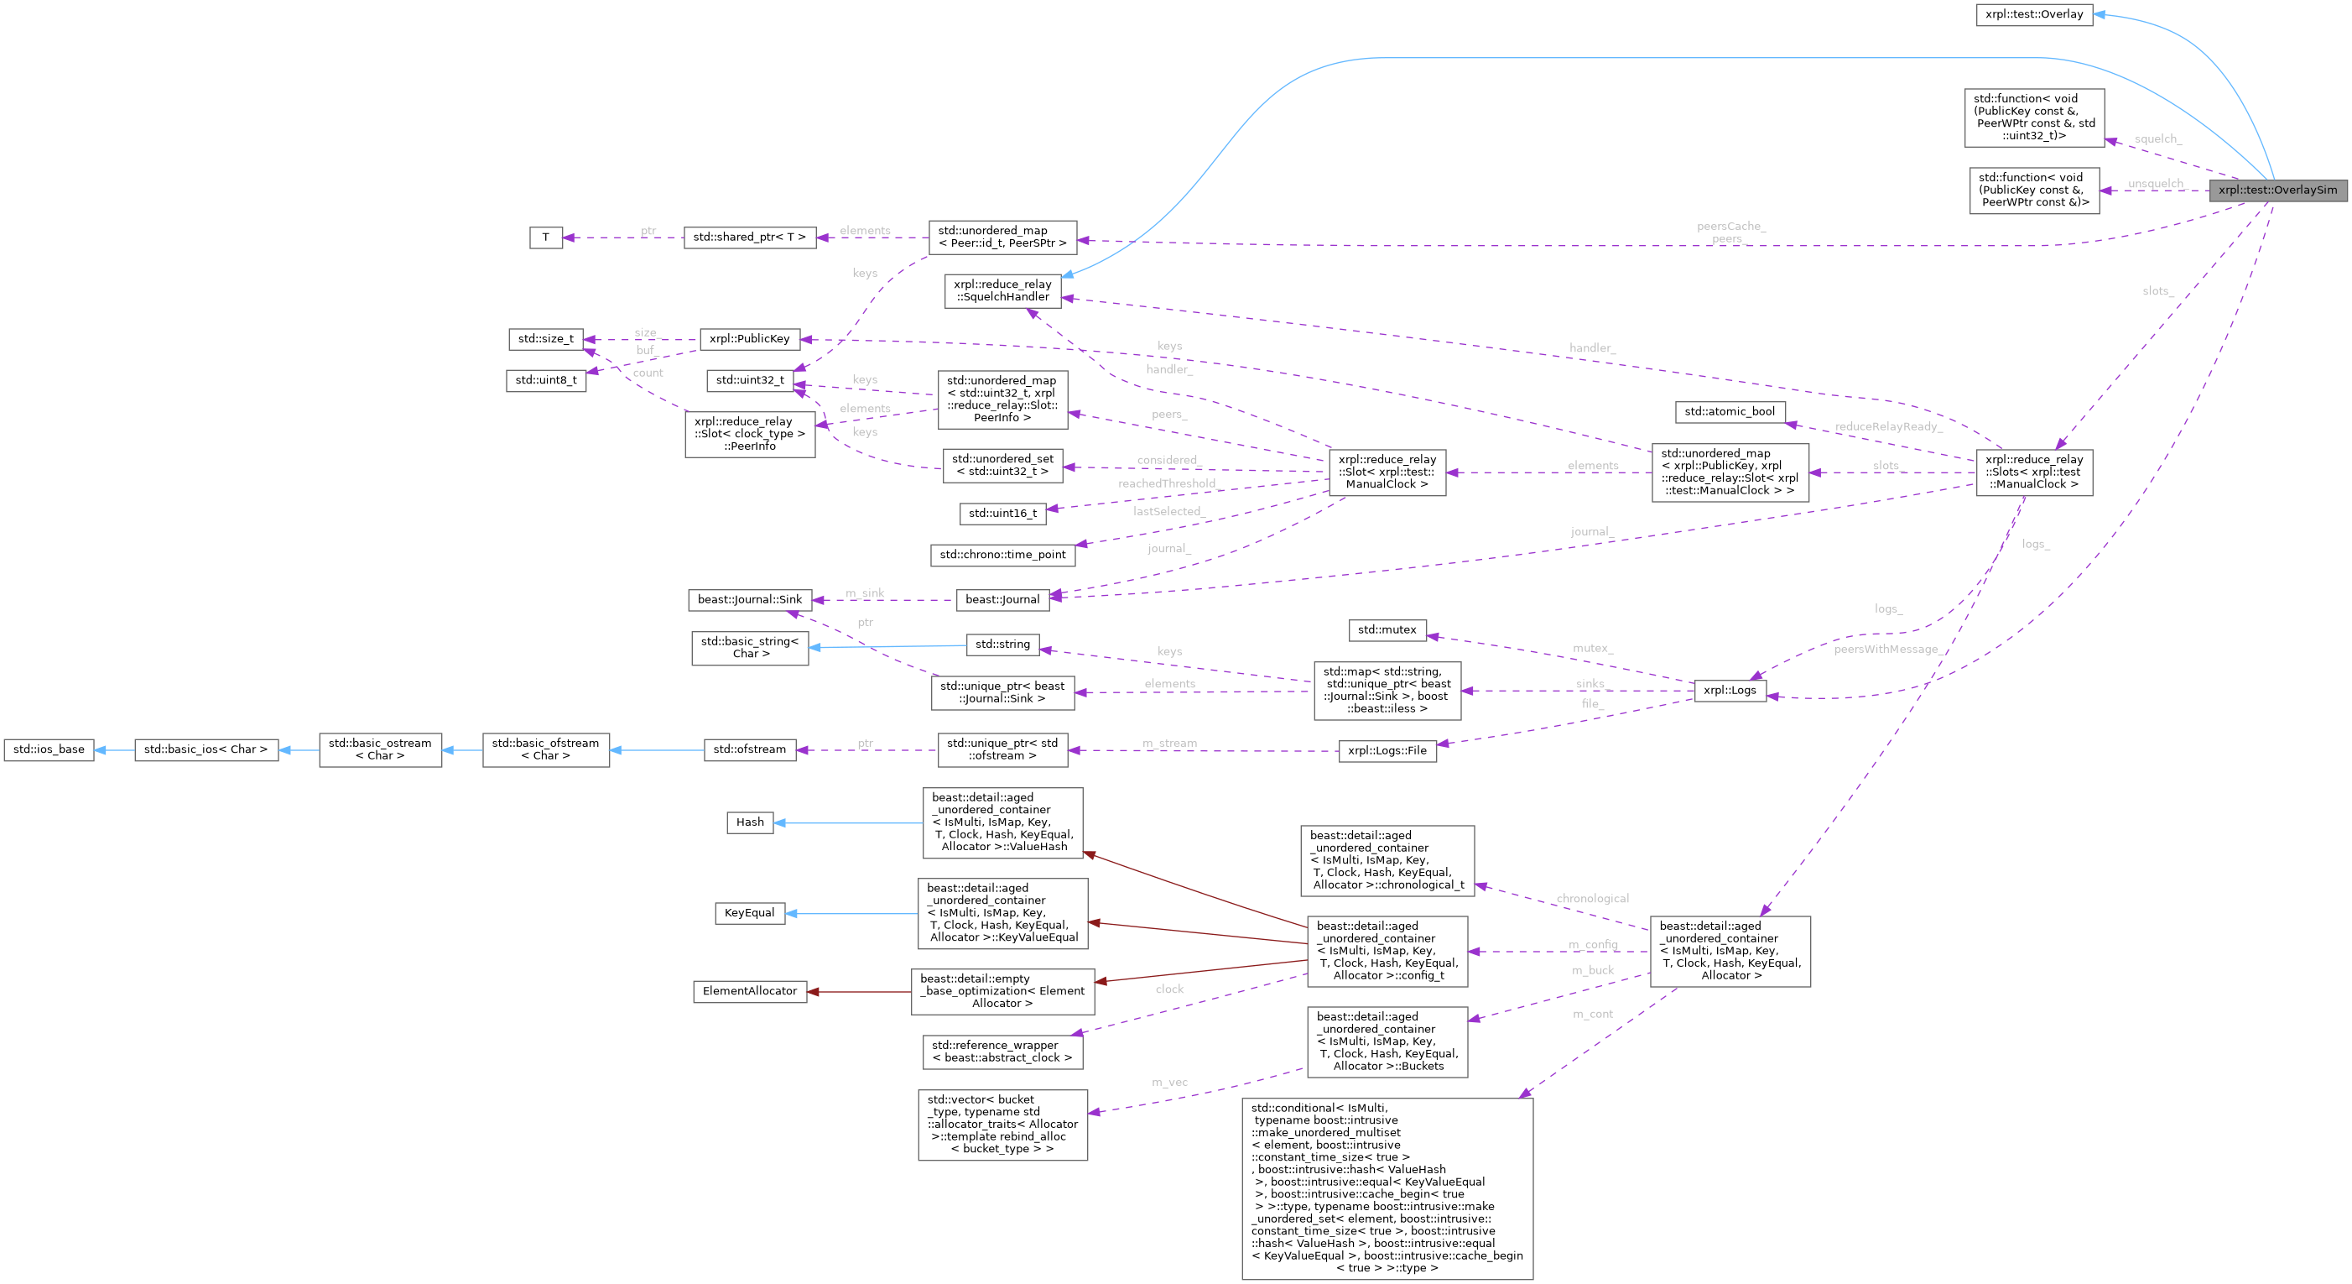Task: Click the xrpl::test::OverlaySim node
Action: [2277, 190]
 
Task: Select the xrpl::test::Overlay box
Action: [2033, 14]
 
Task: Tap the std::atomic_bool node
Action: [1729, 412]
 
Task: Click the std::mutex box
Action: [1386, 630]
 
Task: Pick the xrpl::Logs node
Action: [1730, 691]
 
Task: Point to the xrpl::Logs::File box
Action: [1386, 750]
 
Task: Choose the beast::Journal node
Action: [1002, 600]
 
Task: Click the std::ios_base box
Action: [49, 749]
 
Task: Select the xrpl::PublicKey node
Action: [749, 339]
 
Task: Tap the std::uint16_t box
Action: [1002, 514]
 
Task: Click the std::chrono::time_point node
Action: [1002, 555]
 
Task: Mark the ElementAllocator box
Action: [749, 991]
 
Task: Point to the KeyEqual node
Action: [749, 913]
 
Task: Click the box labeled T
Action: [545, 237]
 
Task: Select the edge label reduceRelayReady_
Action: [1888, 426]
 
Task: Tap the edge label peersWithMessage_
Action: [1885, 650]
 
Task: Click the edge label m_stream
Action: [1168, 744]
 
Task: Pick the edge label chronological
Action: [1591, 899]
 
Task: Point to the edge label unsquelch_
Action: [2155, 184]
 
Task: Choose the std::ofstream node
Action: [749, 749]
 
